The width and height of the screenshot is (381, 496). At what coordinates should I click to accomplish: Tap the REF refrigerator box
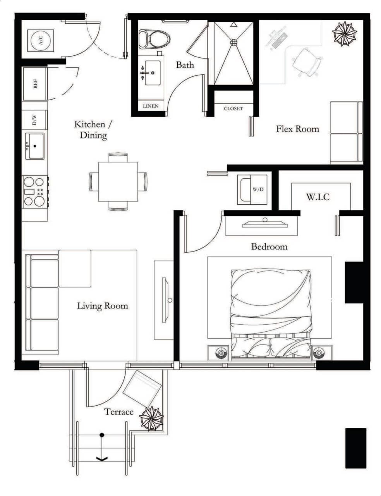[x=35, y=84]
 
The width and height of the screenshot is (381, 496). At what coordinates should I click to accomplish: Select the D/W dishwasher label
[x=34, y=120]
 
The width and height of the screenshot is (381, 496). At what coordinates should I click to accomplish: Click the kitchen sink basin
[x=35, y=146]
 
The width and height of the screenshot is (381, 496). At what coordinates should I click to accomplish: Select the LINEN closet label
[x=150, y=106]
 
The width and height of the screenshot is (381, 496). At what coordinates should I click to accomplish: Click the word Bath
[x=185, y=65]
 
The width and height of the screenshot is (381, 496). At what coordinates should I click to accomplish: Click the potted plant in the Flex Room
[x=344, y=34]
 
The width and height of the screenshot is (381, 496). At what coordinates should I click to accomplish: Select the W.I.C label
[x=318, y=197]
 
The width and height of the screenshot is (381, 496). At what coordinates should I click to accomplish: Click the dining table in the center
[x=118, y=181]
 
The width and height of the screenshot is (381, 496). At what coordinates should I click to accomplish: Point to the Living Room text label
[x=102, y=306]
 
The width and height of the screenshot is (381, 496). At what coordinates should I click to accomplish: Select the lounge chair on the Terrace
[x=142, y=389]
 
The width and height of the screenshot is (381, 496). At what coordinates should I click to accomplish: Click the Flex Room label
[x=297, y=129]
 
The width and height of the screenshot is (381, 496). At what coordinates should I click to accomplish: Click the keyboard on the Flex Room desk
[x=280, y=40]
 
